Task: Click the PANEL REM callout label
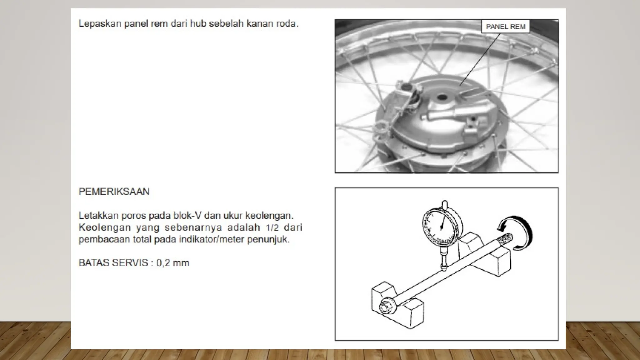point(505,27)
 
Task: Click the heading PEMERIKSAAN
point(114,192)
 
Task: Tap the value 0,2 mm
point(172,263)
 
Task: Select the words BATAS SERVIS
point(113,263)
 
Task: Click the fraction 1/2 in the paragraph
point(272,227)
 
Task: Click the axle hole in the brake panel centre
point(442,97)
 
